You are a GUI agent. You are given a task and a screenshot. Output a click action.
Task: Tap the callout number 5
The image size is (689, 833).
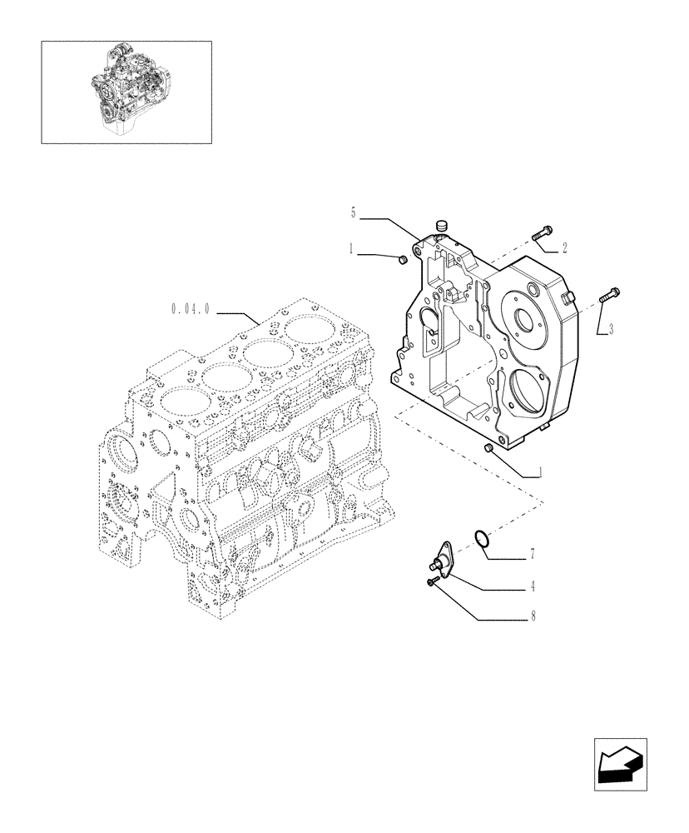354,214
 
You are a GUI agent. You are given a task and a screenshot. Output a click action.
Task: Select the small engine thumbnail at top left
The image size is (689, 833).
126,92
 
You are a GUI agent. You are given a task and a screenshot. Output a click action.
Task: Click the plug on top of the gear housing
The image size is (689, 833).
442,224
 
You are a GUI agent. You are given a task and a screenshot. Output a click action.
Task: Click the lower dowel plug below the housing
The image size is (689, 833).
489,450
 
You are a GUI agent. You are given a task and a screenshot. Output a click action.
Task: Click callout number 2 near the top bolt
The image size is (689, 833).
564,247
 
